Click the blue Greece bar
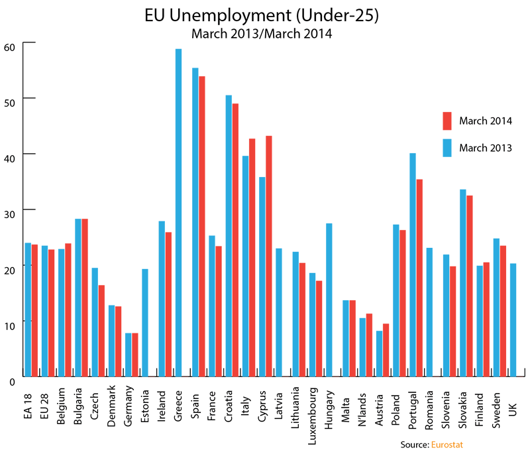click(x=178, y=212)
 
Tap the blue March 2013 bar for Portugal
click(x=412, y=264)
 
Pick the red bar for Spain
click(x=202, y=226)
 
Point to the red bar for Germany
click(x=135, y=355)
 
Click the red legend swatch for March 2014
click(x=447, y=121)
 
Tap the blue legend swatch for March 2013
click(x=447, y=148)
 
